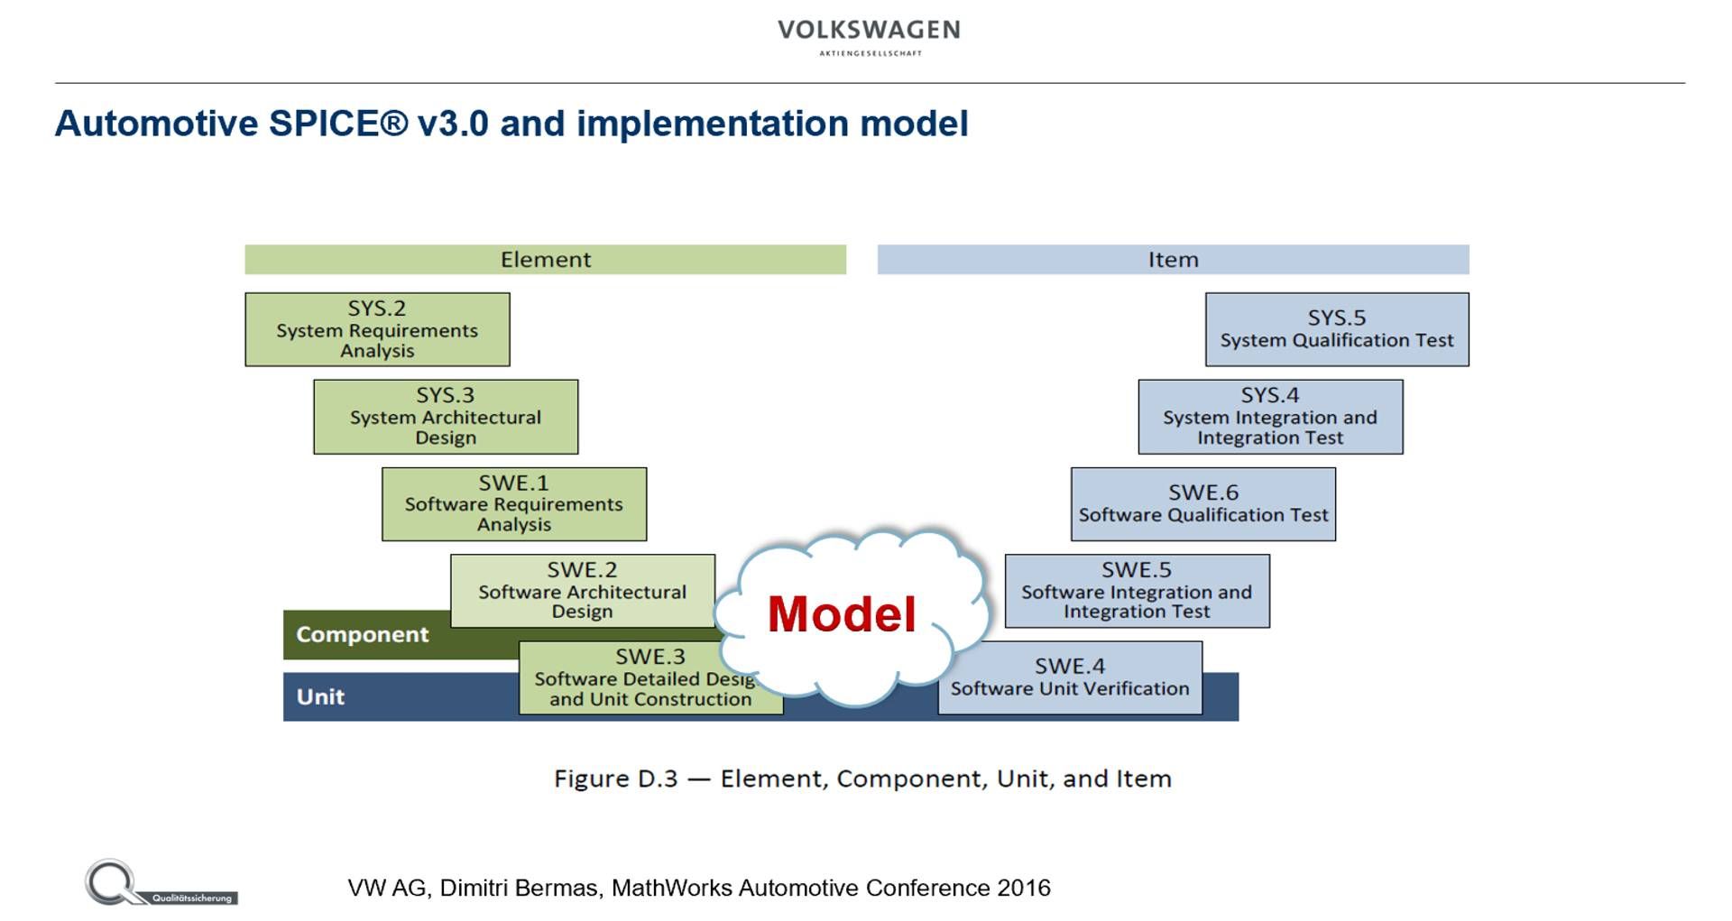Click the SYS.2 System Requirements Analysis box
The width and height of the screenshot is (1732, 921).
click(x=377, y=329)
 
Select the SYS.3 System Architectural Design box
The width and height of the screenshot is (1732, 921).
click(x=446, y=417)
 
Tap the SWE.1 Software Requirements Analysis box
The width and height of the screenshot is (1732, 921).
click(x=514, y=504)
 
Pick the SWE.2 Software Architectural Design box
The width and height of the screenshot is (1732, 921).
click(x=582, y=591)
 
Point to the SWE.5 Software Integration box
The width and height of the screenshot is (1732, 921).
click(x=1137, y=591)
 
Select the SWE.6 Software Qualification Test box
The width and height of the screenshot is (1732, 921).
click(x=1203, y=504)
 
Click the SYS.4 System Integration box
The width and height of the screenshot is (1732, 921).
click(x=1270, y=417)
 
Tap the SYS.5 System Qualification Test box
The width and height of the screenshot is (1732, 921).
click(x=1337, y=329)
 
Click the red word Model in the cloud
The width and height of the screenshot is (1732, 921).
click(x=841, y=614)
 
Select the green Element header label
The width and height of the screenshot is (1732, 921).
click(x=546, y=260)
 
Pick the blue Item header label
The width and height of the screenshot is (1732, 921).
click(x=1173, y=260)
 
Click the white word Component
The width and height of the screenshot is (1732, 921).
click(x=362, y=635)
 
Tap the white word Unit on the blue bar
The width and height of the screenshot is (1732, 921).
click(x=320, y=697)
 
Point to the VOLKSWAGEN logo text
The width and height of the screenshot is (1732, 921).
click(x=869, y=31)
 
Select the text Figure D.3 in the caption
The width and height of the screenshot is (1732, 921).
click(x=615, y=778)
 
